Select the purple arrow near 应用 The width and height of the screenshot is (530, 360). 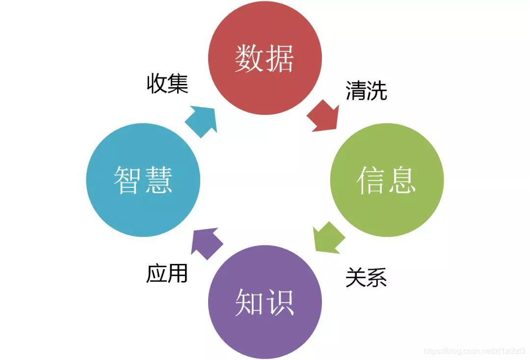206,243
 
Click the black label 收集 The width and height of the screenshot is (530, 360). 167,84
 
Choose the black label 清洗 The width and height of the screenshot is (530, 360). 366,91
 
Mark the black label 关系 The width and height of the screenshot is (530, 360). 366,277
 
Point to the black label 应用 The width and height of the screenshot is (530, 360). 167,273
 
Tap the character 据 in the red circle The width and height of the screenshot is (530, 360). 280,59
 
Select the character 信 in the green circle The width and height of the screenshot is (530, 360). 371,180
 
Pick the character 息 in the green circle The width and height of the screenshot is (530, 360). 402,180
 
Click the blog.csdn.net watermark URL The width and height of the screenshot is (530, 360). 474,351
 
